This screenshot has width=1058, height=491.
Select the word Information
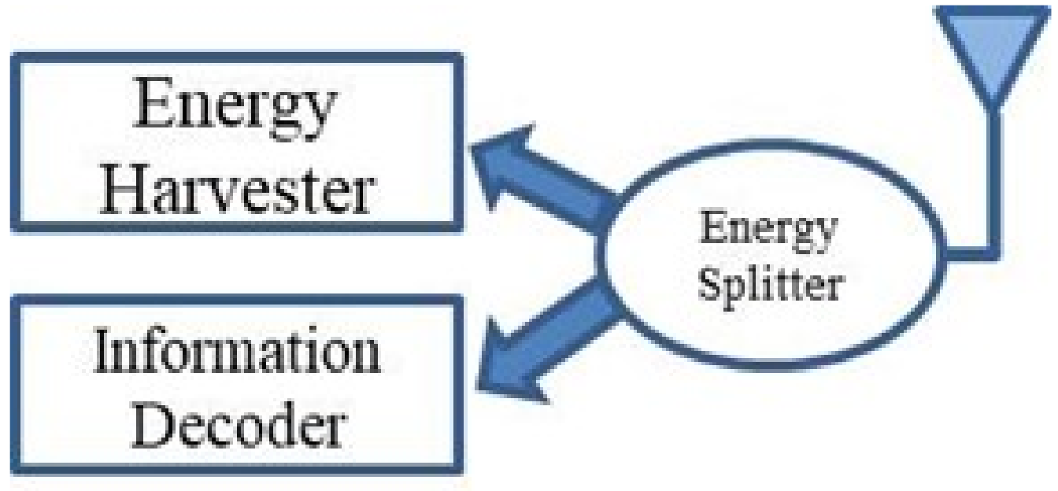pyautogui.click(x=237, y=354)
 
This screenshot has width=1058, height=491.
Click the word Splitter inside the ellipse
pyautogui.click(x=769, y=285)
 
